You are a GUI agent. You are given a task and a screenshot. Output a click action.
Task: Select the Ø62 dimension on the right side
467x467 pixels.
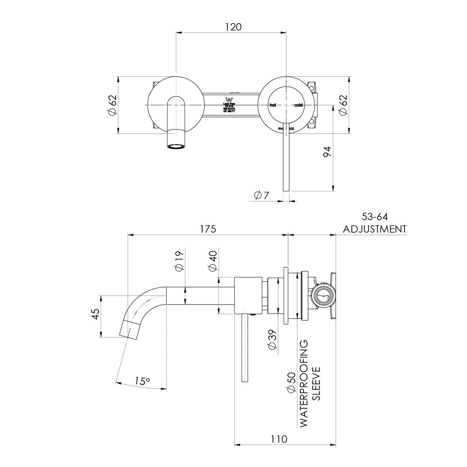click(343, 105)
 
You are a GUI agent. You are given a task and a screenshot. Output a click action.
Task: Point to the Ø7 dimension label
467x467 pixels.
click(261, 195)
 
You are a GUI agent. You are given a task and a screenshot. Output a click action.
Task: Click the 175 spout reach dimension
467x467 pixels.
click(207, 229)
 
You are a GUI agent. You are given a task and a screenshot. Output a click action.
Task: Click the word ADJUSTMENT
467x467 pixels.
click(374, 229)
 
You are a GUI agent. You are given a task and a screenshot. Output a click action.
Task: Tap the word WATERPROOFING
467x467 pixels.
click(304, 383)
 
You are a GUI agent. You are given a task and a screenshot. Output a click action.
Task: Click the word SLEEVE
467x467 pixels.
click(317, 383)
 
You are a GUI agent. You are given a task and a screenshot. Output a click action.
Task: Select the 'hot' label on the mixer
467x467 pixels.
click(272, 105)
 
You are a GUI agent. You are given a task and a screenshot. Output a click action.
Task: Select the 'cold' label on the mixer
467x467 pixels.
click(298, 105)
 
